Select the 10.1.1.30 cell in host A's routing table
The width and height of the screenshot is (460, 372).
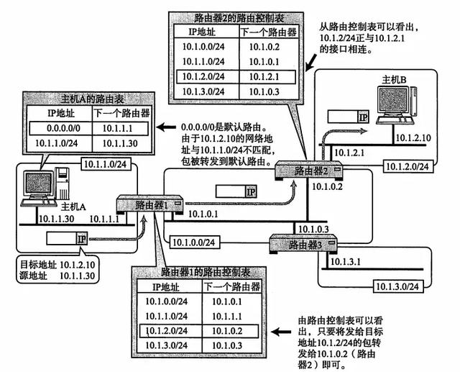click(119, 144)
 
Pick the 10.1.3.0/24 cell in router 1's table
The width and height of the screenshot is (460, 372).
click(166, 346)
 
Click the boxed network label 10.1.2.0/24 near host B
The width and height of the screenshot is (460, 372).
click(405, 166)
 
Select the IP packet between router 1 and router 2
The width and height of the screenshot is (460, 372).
click(236, 191)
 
